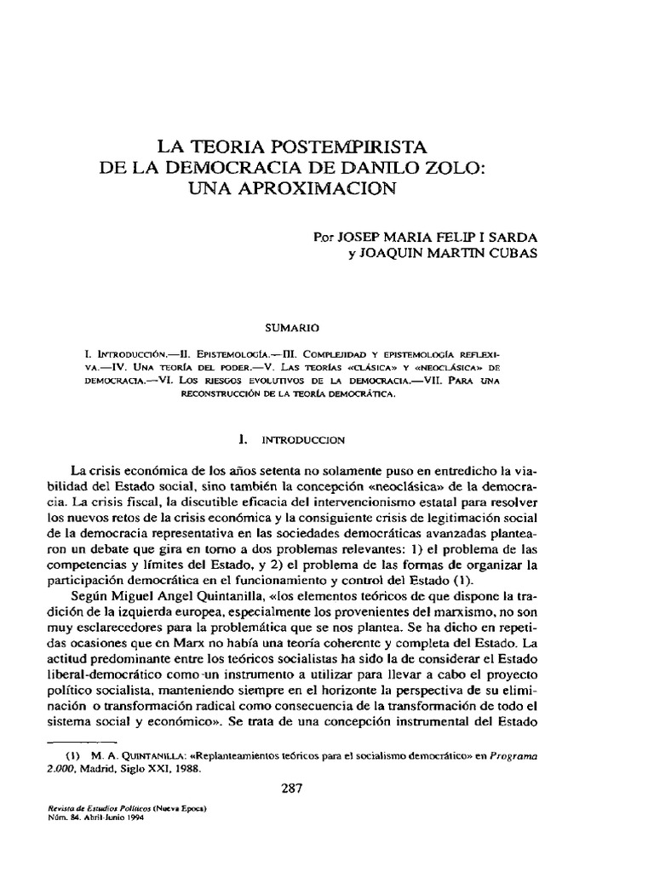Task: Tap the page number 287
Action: (293, 787)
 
